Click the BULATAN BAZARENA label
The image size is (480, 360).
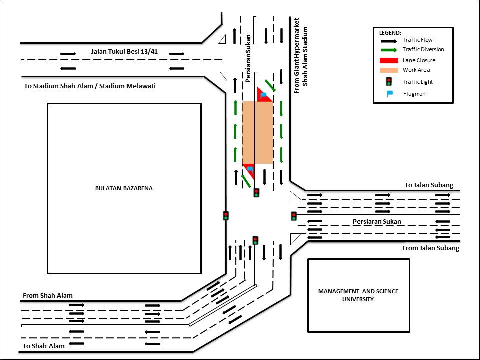tap(124, 188)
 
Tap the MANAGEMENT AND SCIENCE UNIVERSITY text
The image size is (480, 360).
tap(358, 295)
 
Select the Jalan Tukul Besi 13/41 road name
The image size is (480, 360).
tap(124, 51)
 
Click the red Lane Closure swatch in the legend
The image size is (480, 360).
tap(389, 60)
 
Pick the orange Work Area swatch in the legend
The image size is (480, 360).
tap(389, 70)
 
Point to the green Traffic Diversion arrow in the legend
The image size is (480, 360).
tap(389, 50)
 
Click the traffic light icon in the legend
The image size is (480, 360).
tap(389, 81)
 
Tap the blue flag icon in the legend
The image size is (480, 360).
tap(389, 94)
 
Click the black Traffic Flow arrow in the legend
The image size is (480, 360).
tap(389, 41)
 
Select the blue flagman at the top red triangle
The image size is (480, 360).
tap(263, 95)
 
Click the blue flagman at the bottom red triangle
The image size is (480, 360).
tap(250, 169)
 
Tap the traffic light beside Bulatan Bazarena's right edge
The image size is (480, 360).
tap(226, 216)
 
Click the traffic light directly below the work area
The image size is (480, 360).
tap(256, 193)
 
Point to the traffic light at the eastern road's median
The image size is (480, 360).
tap(294, 216)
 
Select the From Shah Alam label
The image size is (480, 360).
tap(48, 295)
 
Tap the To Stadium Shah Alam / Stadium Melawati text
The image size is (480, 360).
tap(90, 86)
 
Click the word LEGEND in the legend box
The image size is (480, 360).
tap(390, 33)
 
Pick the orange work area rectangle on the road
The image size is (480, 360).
tap(258, 133)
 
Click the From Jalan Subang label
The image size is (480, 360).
tap(430, 248)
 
